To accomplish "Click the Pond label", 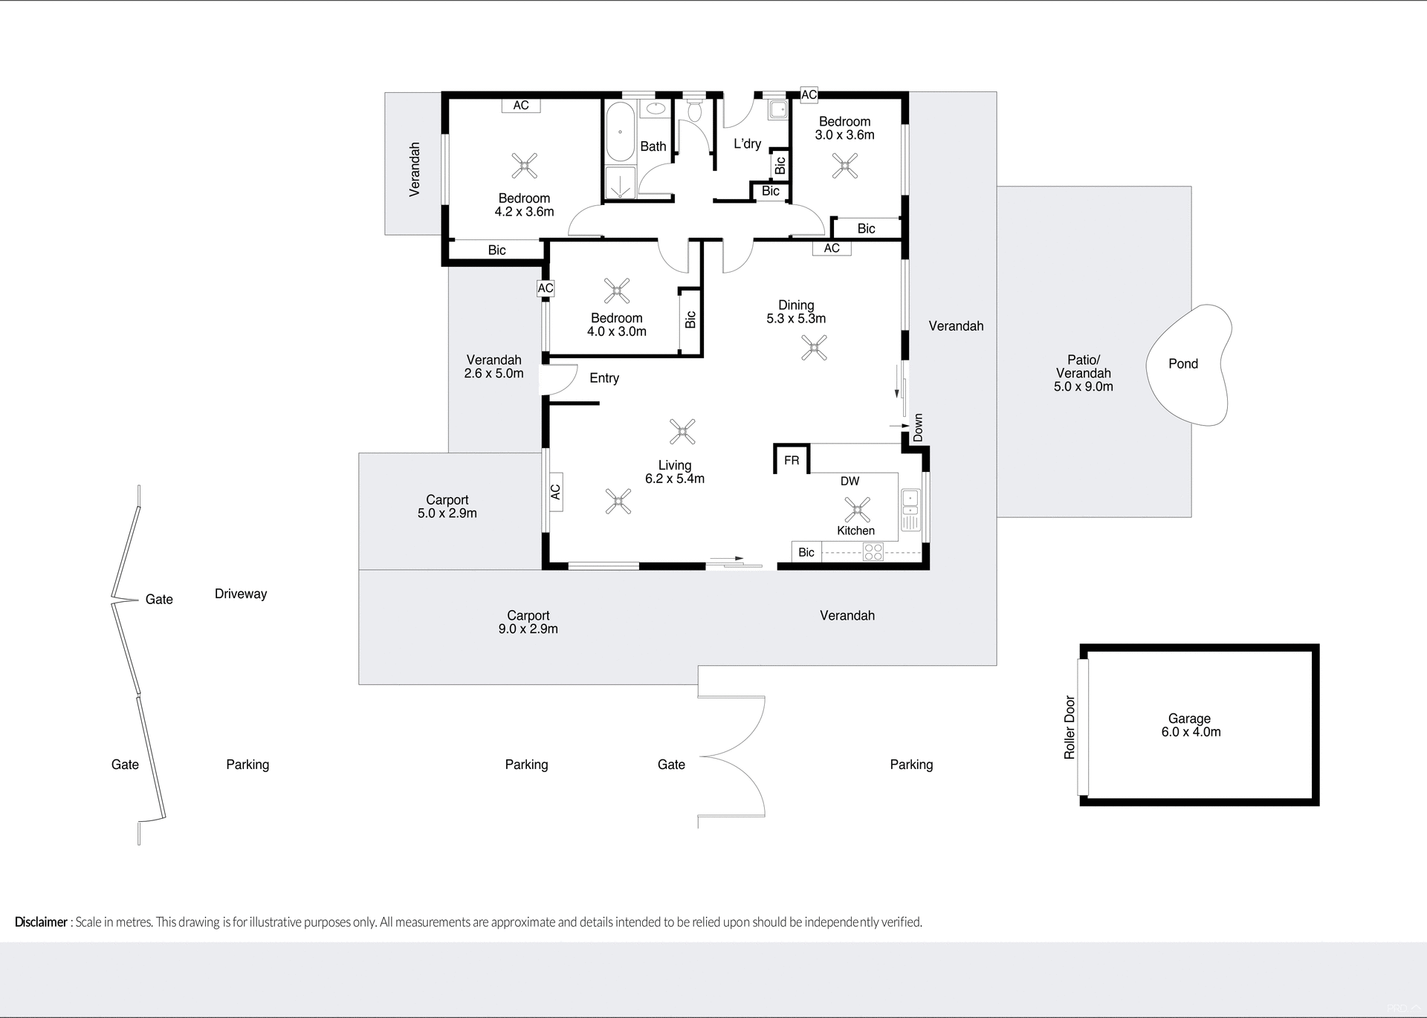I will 1182,363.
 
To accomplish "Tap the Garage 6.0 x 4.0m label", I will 1190,725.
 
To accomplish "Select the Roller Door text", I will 1070,727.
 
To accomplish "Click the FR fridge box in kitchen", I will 792,461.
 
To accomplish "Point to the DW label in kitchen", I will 850,482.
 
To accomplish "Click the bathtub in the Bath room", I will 620,133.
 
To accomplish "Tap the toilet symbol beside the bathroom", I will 695,111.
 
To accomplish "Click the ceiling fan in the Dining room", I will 815,348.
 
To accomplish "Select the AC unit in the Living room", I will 554,492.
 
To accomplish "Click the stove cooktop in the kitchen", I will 873,552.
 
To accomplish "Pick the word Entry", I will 604,378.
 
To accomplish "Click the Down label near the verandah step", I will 919,427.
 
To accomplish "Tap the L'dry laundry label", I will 747,144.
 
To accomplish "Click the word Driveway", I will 240,594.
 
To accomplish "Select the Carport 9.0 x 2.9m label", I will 528,622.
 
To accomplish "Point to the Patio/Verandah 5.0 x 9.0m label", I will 1083,373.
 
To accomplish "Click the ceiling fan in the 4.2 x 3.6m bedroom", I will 525,166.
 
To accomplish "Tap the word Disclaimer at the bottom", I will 41,922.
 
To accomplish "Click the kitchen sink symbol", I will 910,503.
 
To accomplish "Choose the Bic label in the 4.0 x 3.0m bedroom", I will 690,320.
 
